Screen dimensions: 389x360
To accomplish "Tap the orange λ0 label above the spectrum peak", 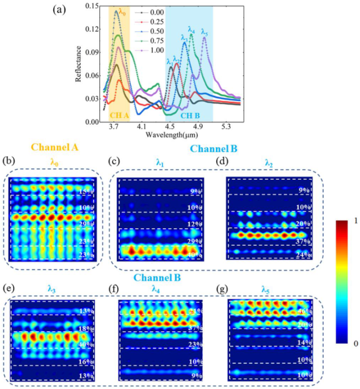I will pos(122,13).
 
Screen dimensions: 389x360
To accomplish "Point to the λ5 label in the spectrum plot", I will pos(204,32).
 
